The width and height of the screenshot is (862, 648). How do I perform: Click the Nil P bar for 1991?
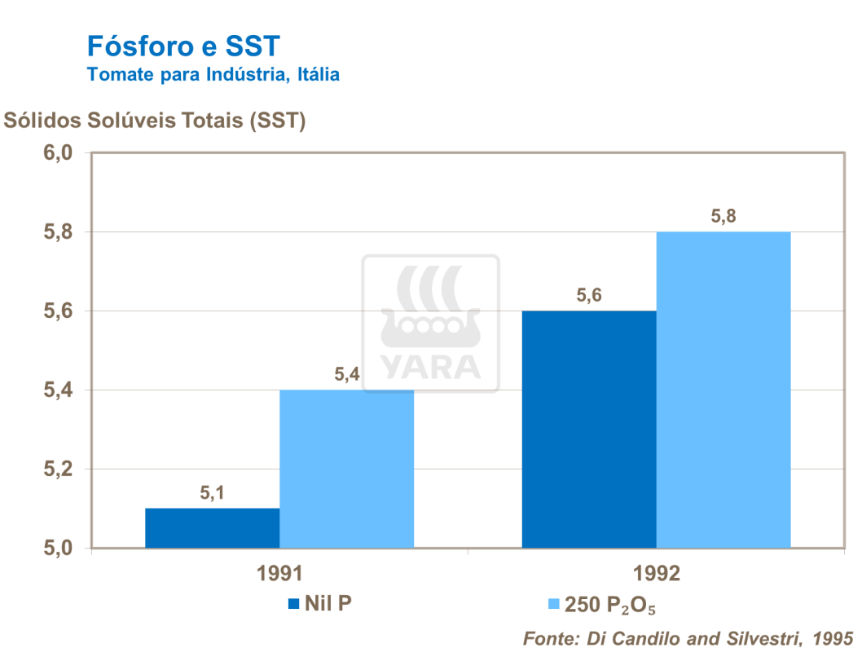coord(212,528)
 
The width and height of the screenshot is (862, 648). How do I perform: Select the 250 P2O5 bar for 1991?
coord(346,469)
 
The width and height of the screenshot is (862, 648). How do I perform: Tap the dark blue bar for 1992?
coord(588,429)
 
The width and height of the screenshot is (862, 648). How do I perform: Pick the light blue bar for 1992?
coord(723,390)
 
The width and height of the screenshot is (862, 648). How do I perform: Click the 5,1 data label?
coord(212,492)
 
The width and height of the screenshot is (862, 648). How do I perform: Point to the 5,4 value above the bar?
coord(347,374)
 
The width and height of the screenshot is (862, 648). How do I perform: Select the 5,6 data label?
coord(588,295)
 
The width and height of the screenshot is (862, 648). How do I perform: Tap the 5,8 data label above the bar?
coord(723,216)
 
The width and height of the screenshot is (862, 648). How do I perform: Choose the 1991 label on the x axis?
coord(279,574)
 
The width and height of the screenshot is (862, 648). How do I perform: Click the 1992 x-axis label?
coord(656,574)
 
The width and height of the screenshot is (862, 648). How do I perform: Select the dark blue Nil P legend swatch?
coord(294,604)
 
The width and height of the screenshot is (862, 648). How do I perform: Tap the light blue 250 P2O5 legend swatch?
coord(554,604)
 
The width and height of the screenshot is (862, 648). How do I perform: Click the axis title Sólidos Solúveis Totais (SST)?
coord(155,121)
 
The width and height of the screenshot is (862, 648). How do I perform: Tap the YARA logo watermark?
coord(430,323)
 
